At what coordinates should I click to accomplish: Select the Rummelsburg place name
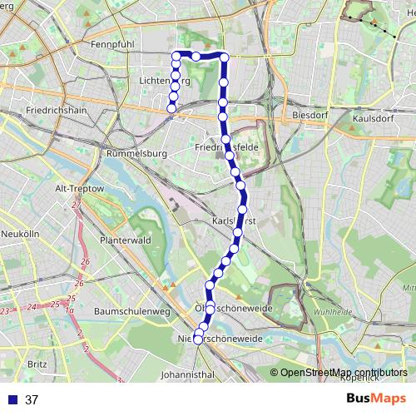(139, 153)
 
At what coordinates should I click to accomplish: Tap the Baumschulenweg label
(132, 311)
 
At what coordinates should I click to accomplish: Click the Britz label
(37, 364)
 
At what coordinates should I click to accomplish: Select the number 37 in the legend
(32, 400)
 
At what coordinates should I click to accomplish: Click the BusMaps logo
(371, 399)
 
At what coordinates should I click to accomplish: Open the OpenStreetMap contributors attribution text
(343, 374)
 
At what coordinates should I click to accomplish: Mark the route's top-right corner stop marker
(224, 57)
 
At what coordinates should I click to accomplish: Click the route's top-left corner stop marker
(176, 56)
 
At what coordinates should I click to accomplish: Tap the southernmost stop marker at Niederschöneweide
(197, 339)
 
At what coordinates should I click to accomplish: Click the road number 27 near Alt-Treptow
(76, 204)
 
